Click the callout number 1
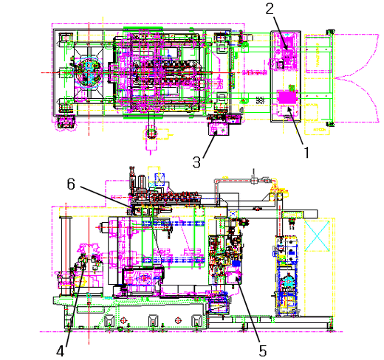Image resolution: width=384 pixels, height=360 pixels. pyautogui.click(x=306, y=153)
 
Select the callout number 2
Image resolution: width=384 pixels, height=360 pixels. pyautogui.click(x=270, y=8)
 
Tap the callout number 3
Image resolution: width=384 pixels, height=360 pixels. pyautogui.click(x=196, y=162)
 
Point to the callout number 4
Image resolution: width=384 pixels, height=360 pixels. pyautogui.click(x=61, y=351)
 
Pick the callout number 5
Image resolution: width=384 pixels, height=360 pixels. pyautogui.click(x=263, y=351)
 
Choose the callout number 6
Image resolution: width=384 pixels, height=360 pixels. pyautogui.click(x=71, y=184)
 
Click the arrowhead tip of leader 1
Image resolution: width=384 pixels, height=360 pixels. pyautogui.click(x=288, y=108)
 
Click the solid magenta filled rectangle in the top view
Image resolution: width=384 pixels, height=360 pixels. pyautogui.click(x=287, y=97)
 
